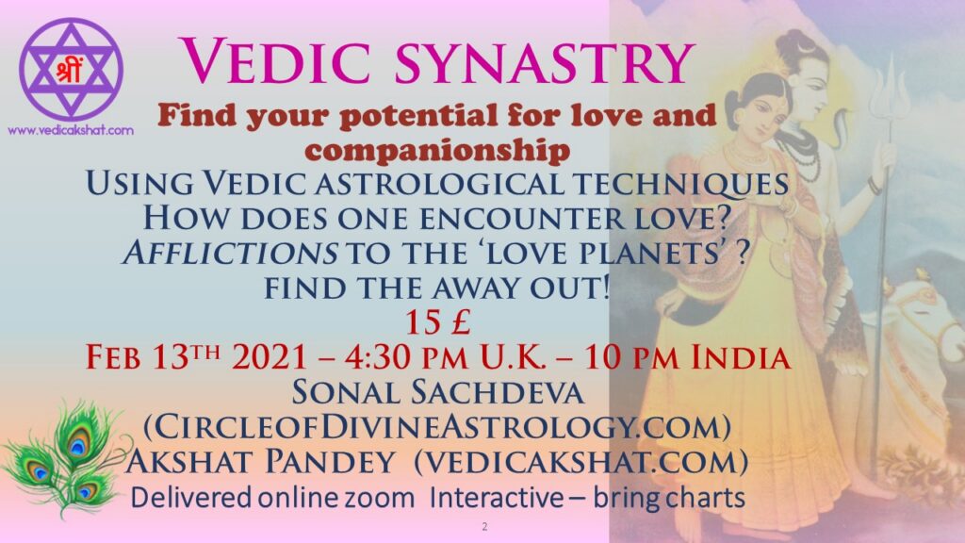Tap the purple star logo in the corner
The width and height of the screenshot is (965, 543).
72,69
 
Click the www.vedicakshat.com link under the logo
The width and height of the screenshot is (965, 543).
70,130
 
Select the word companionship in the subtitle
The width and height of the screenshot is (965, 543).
437,150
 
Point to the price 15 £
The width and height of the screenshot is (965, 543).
437,322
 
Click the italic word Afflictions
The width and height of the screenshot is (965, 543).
230,253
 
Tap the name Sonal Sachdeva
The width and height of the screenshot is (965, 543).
437,392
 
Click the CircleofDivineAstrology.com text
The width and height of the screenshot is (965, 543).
437,427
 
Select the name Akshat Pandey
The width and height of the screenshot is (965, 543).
260,462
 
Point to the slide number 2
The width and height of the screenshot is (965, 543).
485,527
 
